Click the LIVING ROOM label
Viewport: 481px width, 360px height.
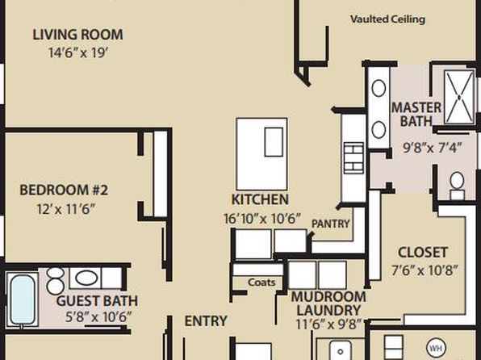(x=78, y=35)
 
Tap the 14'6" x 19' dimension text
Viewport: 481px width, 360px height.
(x=78, y=52)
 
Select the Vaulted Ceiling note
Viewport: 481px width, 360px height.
(x=387, y=19)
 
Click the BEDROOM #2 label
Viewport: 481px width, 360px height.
(x=64, y=190)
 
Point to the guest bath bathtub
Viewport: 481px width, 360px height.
(x=22, y=299)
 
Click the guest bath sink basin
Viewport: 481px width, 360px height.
(x=86, y=278)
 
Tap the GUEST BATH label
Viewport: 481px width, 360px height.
(x=97, y=301)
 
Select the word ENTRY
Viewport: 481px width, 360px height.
(x=206, y=321)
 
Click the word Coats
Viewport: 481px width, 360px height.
(x=261, y=282)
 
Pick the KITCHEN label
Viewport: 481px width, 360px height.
(x=260, y=199)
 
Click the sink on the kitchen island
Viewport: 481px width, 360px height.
(x=274, y=142)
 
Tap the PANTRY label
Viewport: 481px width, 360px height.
(x=330, y=224)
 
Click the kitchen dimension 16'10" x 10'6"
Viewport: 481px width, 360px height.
(x=261, y=219)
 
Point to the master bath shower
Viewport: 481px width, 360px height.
(x=459, y=98)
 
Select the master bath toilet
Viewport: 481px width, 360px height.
(x=457, y=186)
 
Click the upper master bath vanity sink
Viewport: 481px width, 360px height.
(x=379, y=89)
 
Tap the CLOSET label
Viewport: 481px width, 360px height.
(x=423, y=253)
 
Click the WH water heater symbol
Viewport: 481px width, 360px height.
(x=436, y=349)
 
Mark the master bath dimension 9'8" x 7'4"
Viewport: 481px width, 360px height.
(x=432, y=149)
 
